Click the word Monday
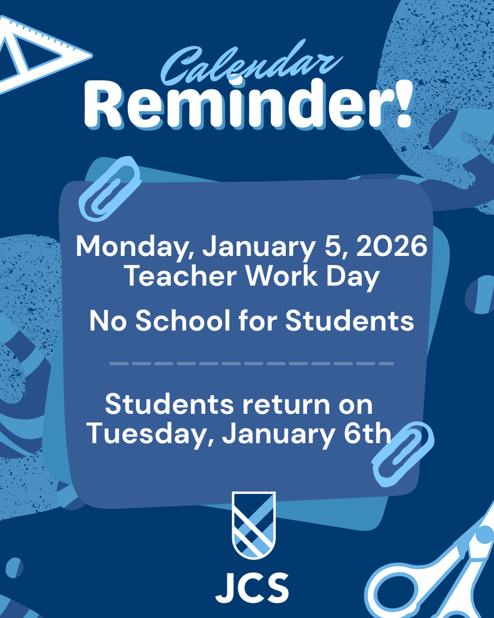[x=133, y=246]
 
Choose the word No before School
[x=109, y=320]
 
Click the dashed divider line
[x=252, y=363]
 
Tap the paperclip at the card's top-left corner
[x=110, y=188]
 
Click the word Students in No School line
[x=350, y=320]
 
